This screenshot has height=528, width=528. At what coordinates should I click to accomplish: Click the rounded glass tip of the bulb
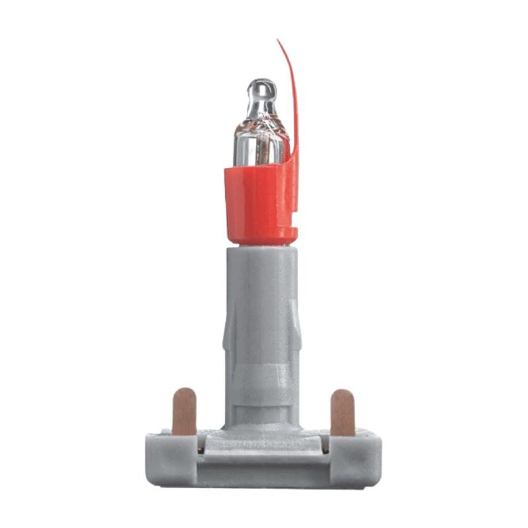click(262, 89)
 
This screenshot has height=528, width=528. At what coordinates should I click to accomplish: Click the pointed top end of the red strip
click(279, 42)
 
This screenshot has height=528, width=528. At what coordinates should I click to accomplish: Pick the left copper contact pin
click(184, 411)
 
